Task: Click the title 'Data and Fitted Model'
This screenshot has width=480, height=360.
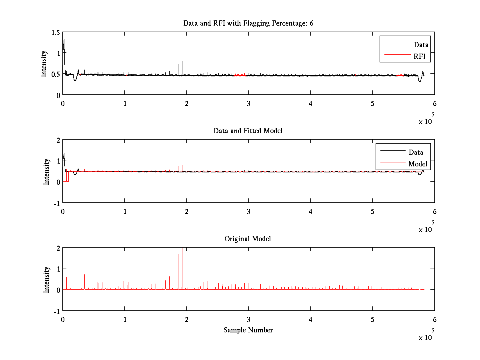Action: (248, 131)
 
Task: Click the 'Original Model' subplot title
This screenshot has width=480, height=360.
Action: (248, 239)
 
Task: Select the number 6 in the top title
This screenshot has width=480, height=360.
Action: (311, 23)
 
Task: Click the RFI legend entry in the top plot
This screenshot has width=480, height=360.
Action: (422, 57)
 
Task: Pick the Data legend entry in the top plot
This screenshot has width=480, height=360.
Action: (421, 45)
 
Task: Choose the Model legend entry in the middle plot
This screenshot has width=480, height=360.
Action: (418, 164)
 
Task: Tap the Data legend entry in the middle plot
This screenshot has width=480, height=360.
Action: (416, 152)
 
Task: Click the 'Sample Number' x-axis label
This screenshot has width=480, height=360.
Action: (248, 330)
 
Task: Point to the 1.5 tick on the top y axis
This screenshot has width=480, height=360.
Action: (55, 32)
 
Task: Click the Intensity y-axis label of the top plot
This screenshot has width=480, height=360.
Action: (44, 64)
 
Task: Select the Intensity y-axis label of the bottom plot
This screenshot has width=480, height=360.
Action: (47, 279)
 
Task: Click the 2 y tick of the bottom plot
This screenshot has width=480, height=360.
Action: (58, 248)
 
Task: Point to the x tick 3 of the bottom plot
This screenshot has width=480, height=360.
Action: (248, 320)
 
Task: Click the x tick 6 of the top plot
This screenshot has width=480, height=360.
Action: (434, 104)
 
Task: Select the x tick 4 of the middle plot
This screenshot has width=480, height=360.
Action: (310, 211)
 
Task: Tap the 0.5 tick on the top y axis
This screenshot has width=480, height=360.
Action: (55, 74)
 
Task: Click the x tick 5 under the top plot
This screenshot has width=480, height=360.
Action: (372, 104)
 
